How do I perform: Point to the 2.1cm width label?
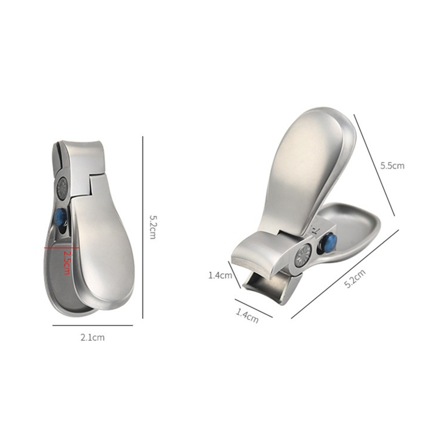pyautogui.click(x=93, y=338)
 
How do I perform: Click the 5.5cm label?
pyautogui.click(x=392, y=166)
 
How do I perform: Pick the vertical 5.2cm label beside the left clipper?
pyautogui.click(x=153, y=227)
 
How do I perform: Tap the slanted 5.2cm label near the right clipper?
pyautogui.click(x=355, y=278)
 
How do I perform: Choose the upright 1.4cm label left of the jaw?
pyautogui.click(x=220, y=275)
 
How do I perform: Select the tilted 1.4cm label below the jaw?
pyautogui.click(x=247, y=315)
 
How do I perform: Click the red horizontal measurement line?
pyautogui.click(x=62, y=247)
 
